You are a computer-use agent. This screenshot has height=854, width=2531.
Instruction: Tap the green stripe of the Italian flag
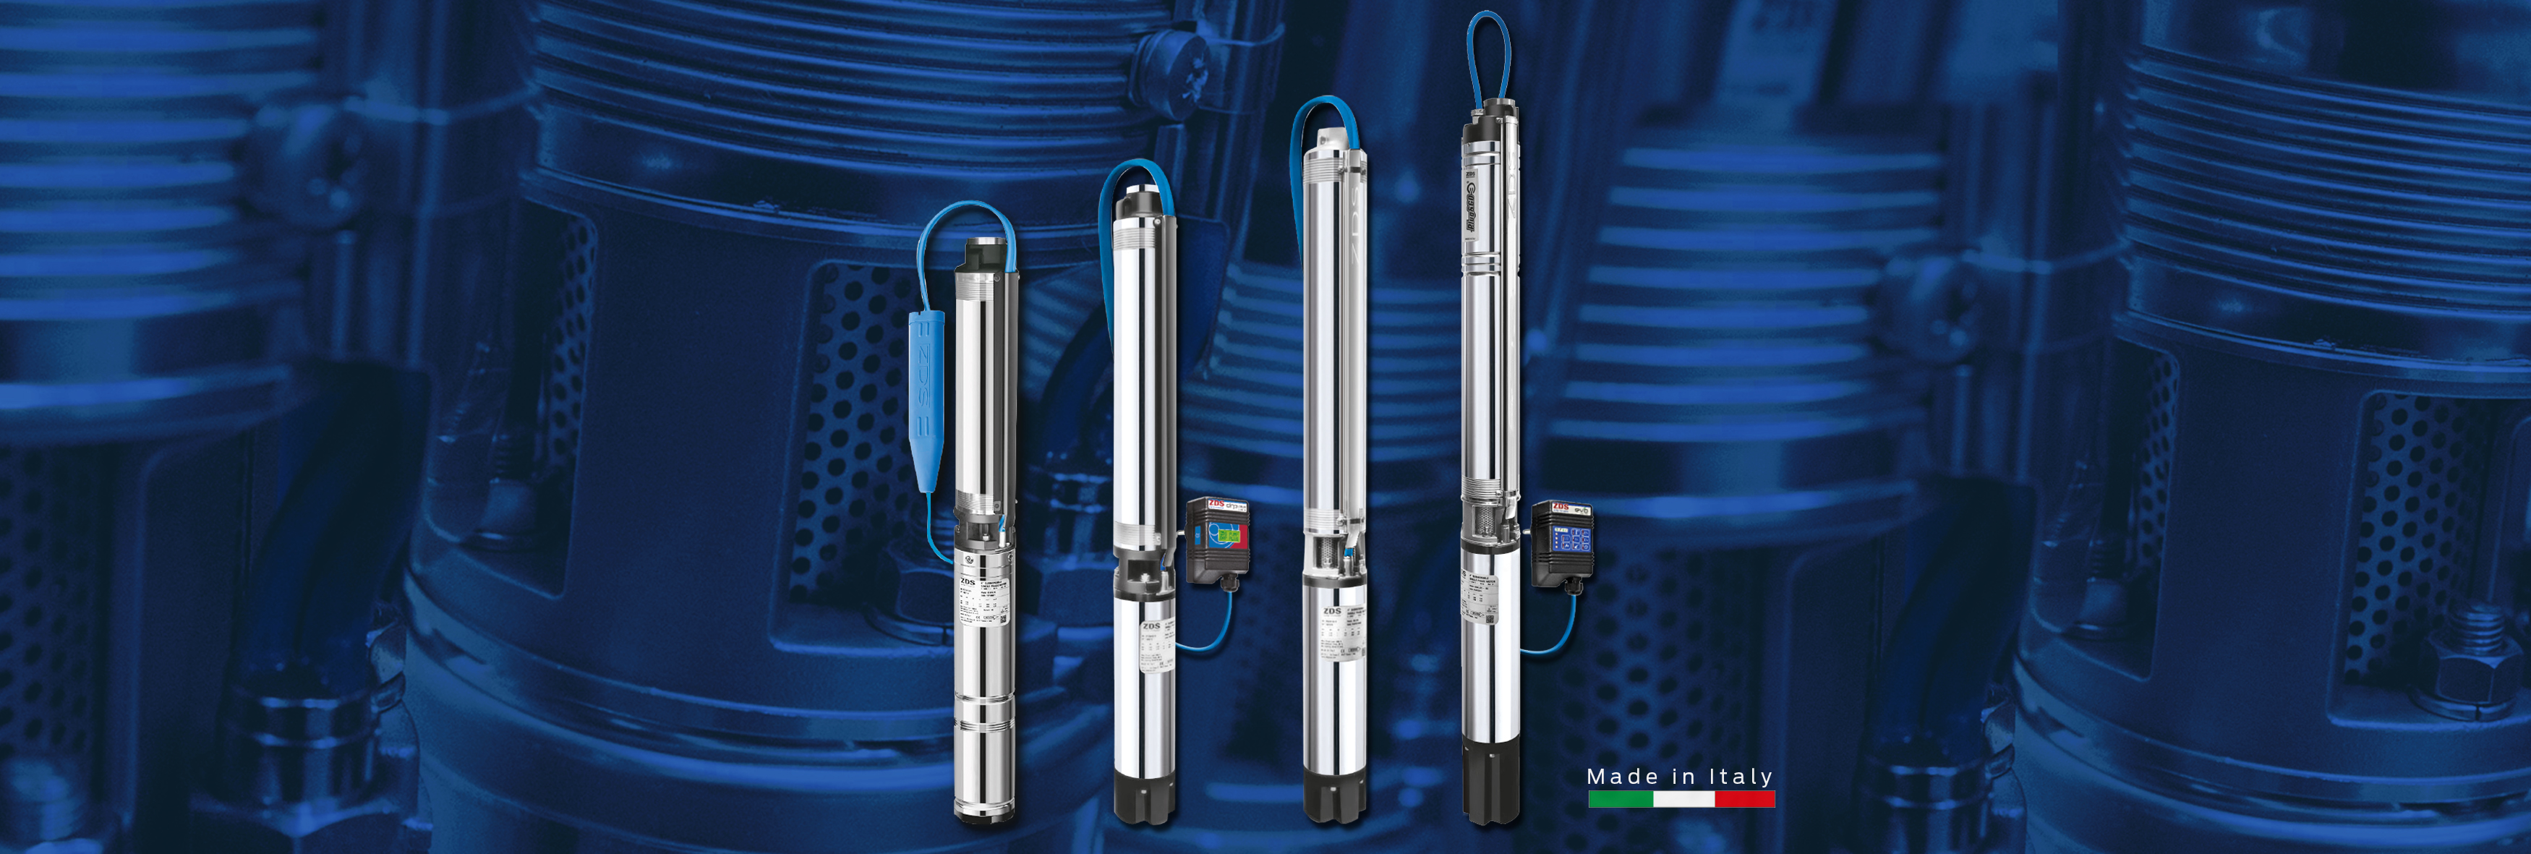pyautogui.click(x=1620, y=799)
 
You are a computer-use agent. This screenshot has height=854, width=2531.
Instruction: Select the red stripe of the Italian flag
pyautogui.click(x=1744, y=799)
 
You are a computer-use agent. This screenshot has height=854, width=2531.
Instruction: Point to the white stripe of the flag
pyautogui.click(x=1683, y=799)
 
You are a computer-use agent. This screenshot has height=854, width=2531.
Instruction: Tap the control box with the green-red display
pyautogui.click(x=1216, y=540)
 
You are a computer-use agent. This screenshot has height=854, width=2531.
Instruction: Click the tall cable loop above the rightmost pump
pyautogui.click(x=1488, y=54)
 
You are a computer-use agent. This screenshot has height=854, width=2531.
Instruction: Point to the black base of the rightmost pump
pyautogui.click(x=1490, y=781)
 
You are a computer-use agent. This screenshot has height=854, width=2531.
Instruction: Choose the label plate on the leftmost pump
pyautogui.click(x=983, y=602)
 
